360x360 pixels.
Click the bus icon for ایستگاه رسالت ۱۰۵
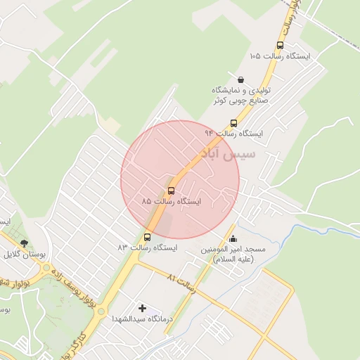coord(281,45)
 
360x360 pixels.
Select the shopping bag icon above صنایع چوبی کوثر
coord(242,79)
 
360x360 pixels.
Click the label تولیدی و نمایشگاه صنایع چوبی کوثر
coord(242,96)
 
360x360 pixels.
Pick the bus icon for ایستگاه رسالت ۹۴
coord(233,122)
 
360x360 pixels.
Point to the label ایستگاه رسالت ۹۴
coord(233,133)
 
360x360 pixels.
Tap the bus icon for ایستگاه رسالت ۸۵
coord(172,191)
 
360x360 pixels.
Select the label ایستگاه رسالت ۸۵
coord(171,202)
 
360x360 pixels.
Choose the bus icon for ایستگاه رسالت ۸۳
coord(147,237)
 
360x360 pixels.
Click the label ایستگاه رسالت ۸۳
coord(147,248)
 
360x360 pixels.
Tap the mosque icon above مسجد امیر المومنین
coord(233,238)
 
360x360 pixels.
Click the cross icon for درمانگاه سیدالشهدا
coord(143,308)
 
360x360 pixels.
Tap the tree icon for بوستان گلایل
coord(25,243)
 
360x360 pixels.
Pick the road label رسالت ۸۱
coord(181,282)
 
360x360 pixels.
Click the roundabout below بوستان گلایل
coord(47,268)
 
